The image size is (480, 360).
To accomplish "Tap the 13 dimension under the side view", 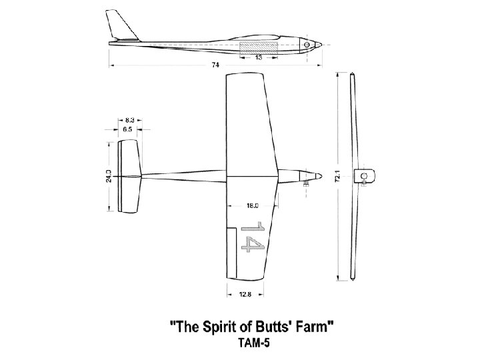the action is coord(259,58).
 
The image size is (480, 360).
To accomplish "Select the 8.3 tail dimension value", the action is coord(129,120).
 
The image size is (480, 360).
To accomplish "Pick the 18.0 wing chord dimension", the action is coord(253,206).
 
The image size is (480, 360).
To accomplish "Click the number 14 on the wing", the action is coord(252,237).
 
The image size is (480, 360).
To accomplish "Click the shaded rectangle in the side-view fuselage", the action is coord(259,47).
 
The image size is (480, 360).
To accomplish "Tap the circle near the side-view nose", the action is coord(307,45).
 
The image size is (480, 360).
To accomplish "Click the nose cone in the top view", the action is coord(318,177).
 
